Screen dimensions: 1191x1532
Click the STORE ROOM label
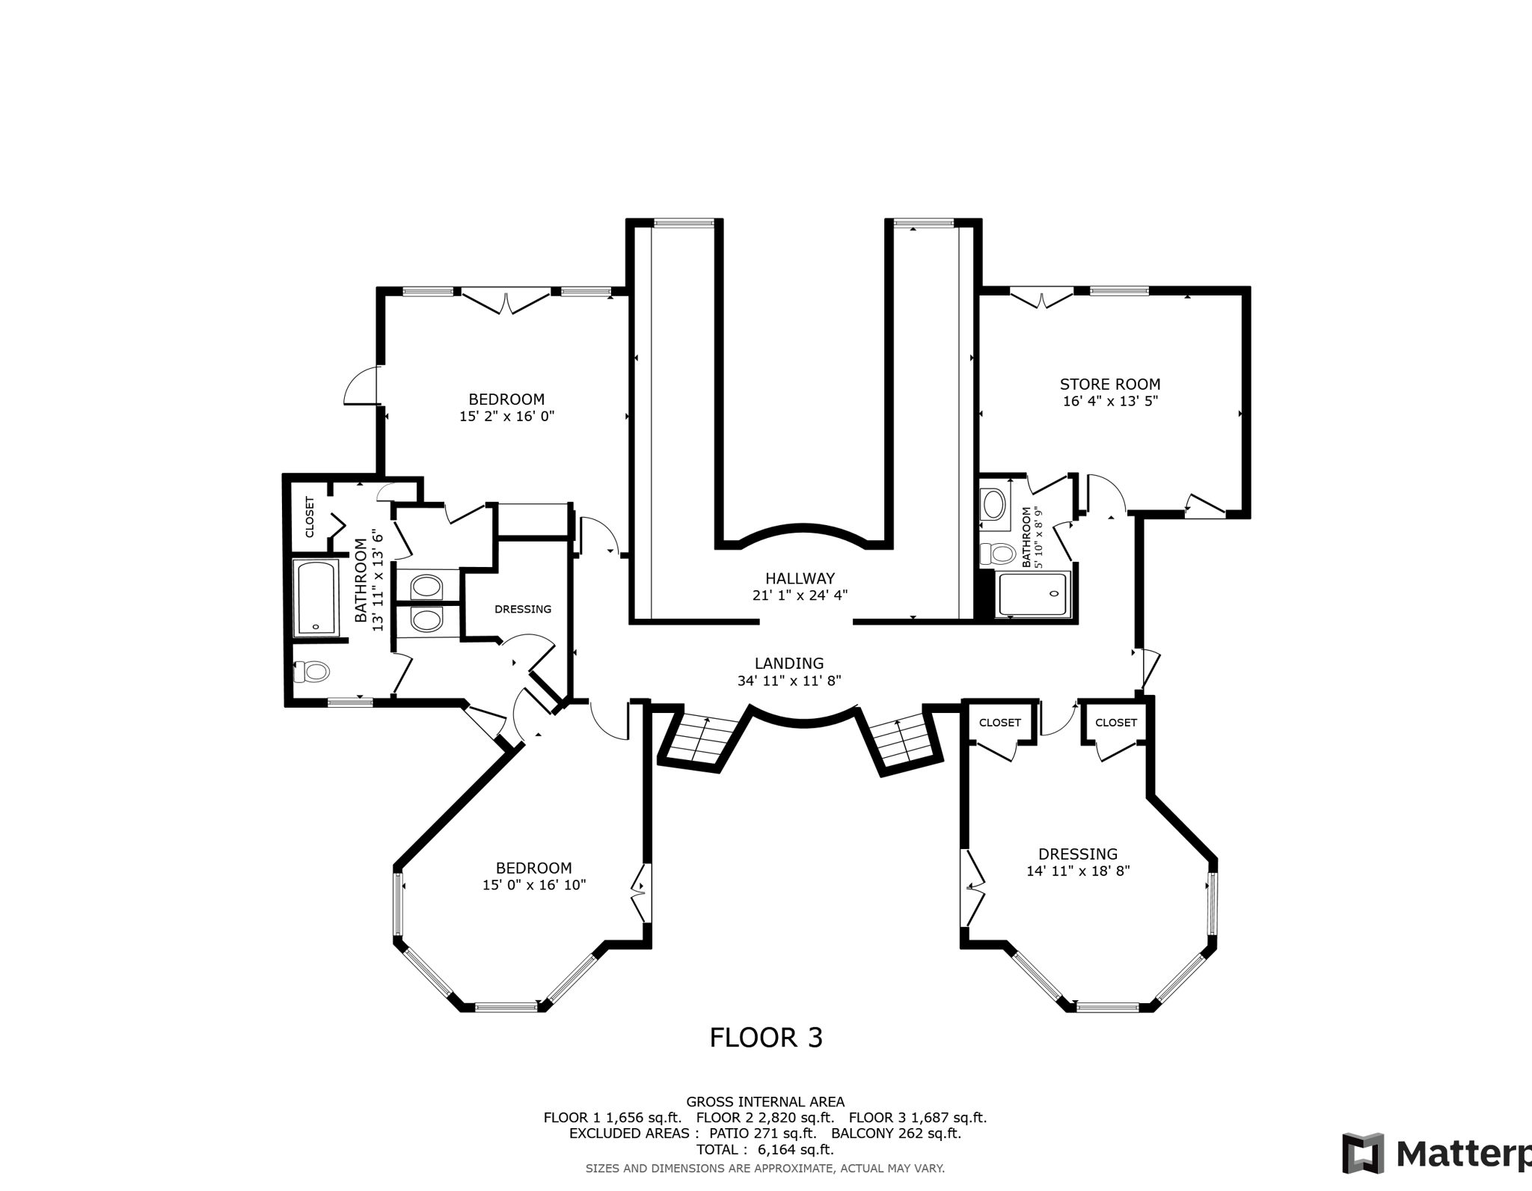tap(1109, 385)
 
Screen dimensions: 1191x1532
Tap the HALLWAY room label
tap(800, 578)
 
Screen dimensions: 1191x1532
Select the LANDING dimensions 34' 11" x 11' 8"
tap(789, 681)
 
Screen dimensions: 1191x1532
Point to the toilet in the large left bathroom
tap(312, 672)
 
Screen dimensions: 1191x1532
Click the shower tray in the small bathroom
tap(1032, 595)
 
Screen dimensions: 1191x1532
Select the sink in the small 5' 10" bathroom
tap(994, 504)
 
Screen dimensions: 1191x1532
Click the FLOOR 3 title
tap(765, 1038)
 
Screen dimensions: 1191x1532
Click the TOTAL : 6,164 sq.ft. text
tap(765, 1150)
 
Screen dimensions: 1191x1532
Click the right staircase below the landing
tap(903, 743)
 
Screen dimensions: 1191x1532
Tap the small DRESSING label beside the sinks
tap(523, 609)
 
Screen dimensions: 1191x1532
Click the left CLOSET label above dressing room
tap(999, 723)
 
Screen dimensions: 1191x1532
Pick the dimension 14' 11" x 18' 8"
tap(1078, 871)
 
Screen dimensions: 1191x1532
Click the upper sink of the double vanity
tap(426, 586)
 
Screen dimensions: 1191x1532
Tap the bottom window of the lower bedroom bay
tap(506, 1007)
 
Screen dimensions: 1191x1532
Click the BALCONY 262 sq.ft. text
tap(895, 1133)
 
